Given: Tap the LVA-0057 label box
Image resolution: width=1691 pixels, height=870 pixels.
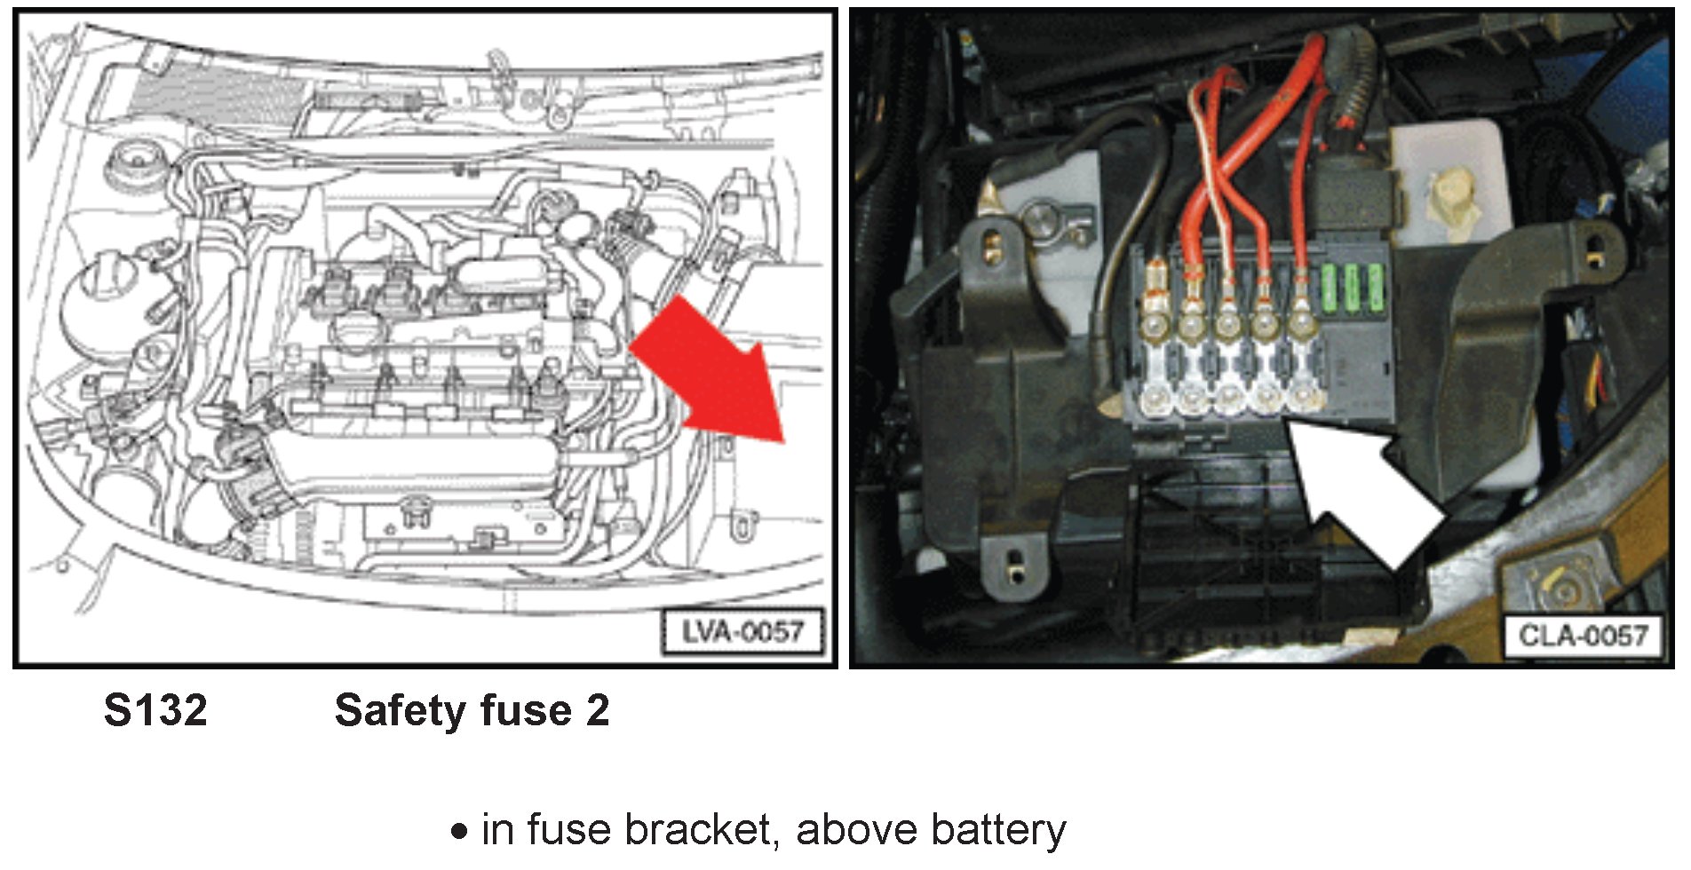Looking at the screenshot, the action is coord(742,632).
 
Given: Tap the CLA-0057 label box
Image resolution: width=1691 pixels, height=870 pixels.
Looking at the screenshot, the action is coord(1582,636).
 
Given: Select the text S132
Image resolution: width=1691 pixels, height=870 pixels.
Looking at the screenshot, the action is coord(155,711).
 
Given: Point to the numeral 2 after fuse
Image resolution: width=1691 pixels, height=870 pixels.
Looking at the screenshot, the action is coord(597,711).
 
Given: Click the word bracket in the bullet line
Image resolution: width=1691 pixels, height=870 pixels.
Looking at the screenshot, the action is coord(701,830).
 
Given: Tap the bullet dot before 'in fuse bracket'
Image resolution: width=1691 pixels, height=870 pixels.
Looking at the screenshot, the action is coord(459,832).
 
